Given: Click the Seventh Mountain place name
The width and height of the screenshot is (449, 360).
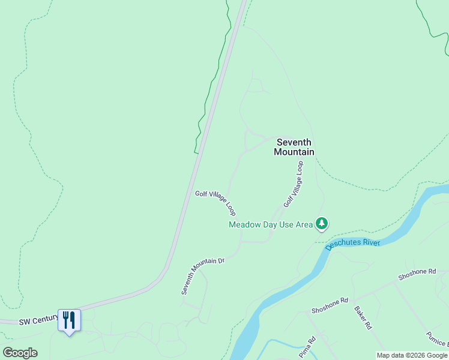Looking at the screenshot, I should pyautogui.click(x=294, y=147).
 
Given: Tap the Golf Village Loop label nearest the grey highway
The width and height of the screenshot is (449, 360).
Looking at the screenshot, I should pyautogui.click(x=215, y=203).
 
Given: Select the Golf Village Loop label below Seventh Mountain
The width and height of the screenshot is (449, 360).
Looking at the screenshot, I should pyautogui.click(x=294, y=184).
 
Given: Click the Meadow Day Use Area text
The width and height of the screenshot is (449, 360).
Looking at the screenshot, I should pyautogui.click(x=271, y=224).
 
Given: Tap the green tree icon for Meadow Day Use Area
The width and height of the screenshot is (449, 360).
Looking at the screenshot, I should pyautogui.click(x=322, y=224).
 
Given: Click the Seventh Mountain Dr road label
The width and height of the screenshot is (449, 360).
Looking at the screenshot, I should pyautogui.click(x=203, y=276).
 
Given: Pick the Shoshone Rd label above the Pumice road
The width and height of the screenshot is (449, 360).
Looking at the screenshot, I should pyautogui.click(x=417, y=275).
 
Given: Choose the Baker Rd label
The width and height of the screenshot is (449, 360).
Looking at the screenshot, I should pyautogui.click(x=363, y=318).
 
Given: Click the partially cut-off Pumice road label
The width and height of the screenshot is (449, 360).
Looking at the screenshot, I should pyautogui.click(x=438, y=339).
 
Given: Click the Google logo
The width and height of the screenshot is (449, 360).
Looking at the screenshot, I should pyautogui.click(x=20, y=353).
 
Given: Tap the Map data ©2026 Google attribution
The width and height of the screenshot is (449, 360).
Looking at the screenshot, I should pyautogui.click(x=412, y=355).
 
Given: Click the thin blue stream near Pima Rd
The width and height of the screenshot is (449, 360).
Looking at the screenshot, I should pyautogui.click(x=282, y=342).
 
